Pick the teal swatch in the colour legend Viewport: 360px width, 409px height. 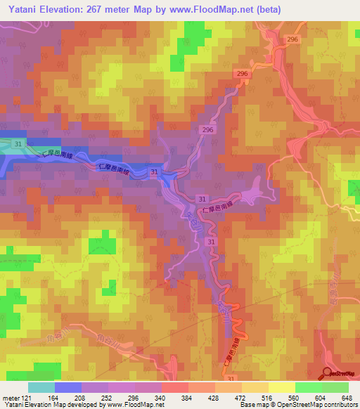click(x=41, y=387)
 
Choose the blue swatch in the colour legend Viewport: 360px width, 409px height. click(x=68, y=387)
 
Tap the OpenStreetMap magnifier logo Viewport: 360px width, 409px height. click(x=328, y=373)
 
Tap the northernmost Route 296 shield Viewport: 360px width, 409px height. click(x=292, y=40)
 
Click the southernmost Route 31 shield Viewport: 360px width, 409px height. click(x=231, y=378)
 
